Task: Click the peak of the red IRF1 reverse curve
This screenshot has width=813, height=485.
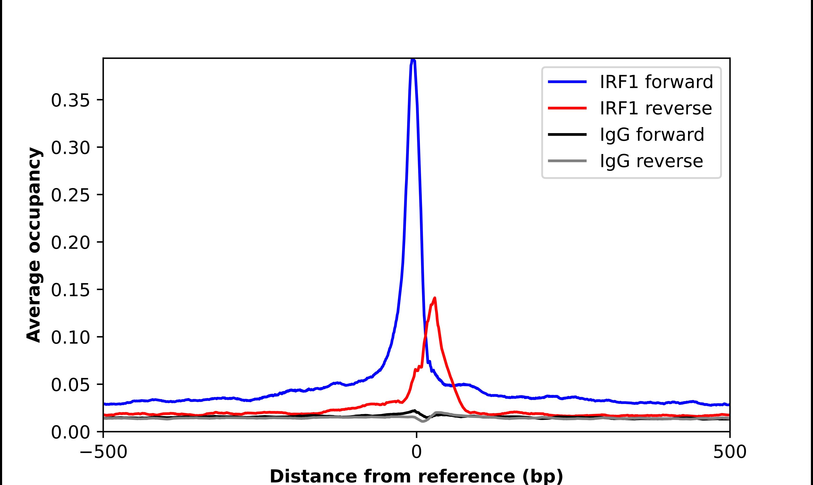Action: point(434,298)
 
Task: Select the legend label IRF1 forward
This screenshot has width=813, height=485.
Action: point(656,82)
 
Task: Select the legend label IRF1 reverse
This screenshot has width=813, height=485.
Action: point(655,108)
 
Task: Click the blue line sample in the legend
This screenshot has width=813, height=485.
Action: point(567,82)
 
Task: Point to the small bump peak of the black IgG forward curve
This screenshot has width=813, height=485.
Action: point(414,410)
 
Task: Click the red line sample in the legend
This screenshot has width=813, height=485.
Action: point(567,108)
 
